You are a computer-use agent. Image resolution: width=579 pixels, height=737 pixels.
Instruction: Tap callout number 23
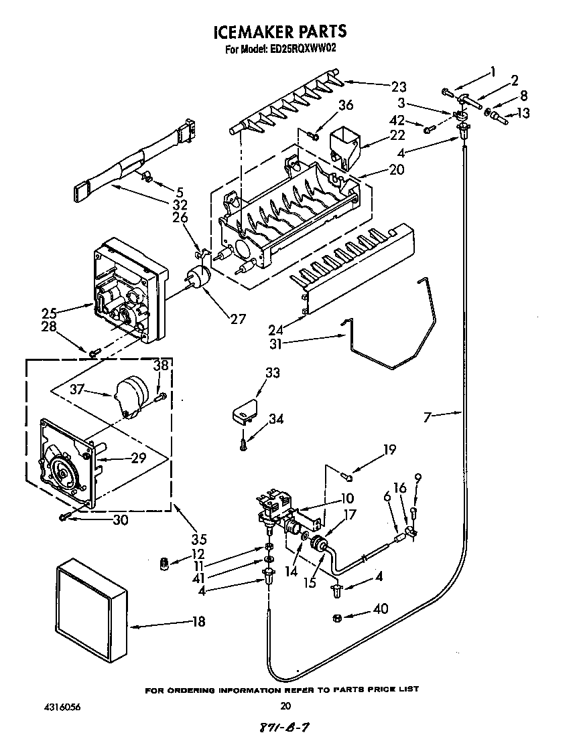click(399, 86)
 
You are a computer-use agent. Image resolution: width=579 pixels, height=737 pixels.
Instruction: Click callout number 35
click(198, 538)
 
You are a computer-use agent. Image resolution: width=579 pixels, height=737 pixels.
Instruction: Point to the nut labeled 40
click(337, 617)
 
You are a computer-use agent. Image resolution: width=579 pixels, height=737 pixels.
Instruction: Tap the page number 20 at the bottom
click(286, 705)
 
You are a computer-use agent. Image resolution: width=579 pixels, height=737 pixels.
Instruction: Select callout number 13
click(523, 113)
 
